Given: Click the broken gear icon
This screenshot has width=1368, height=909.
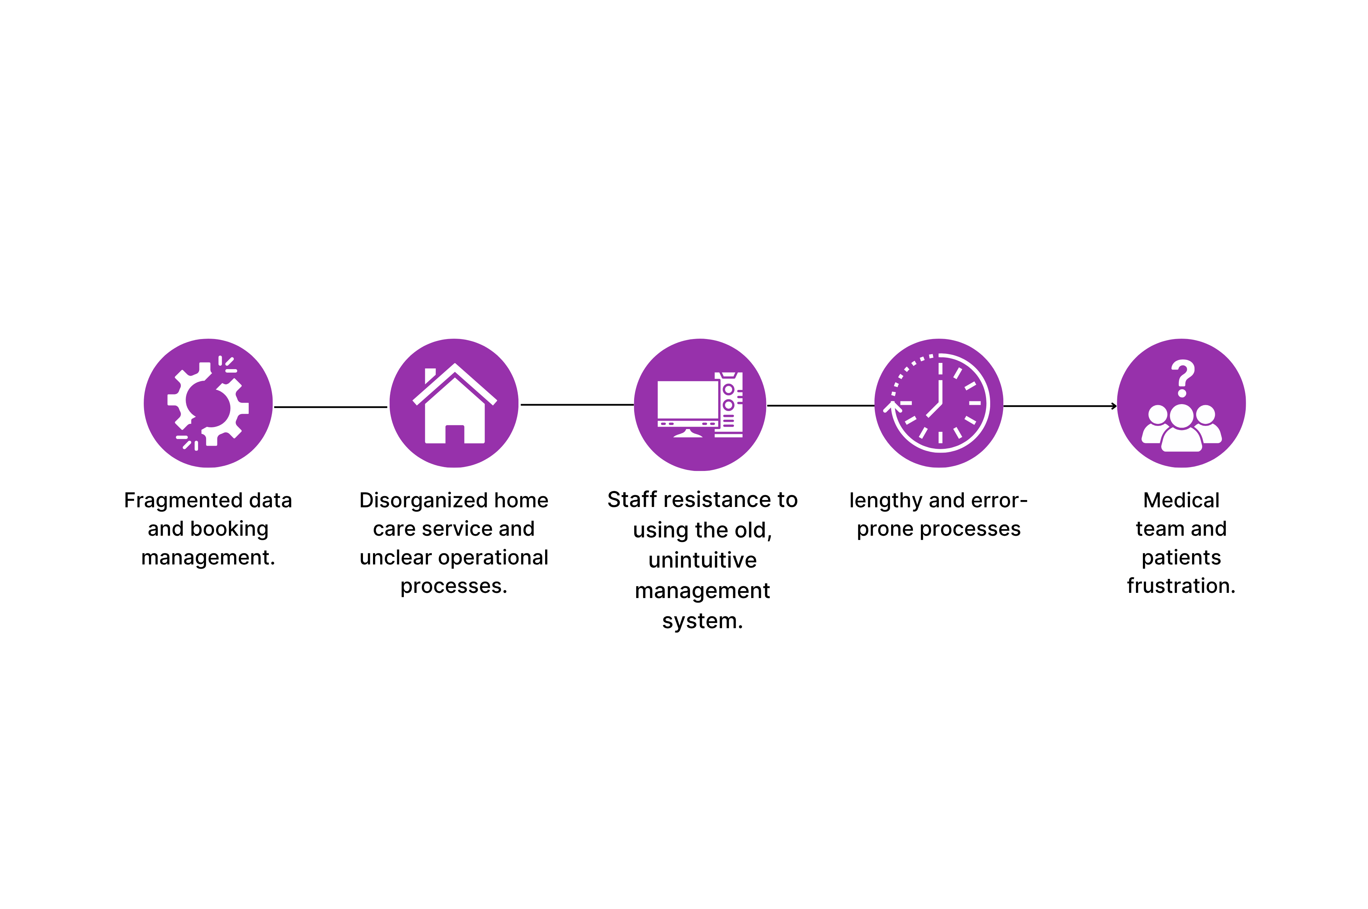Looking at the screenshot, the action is (208, 403).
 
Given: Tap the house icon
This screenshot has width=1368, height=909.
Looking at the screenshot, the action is (454, 406).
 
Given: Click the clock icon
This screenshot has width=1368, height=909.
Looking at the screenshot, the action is (939, 403).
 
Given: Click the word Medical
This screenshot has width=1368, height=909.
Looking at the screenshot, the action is (1181, 500).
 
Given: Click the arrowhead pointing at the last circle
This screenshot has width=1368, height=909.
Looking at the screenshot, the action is (1114, 406).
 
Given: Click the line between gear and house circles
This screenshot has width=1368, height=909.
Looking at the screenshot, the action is (330, 407).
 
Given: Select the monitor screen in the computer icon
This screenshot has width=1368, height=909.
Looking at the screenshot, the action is (687, 399).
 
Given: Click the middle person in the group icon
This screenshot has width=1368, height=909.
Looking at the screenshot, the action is (1181, 430).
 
